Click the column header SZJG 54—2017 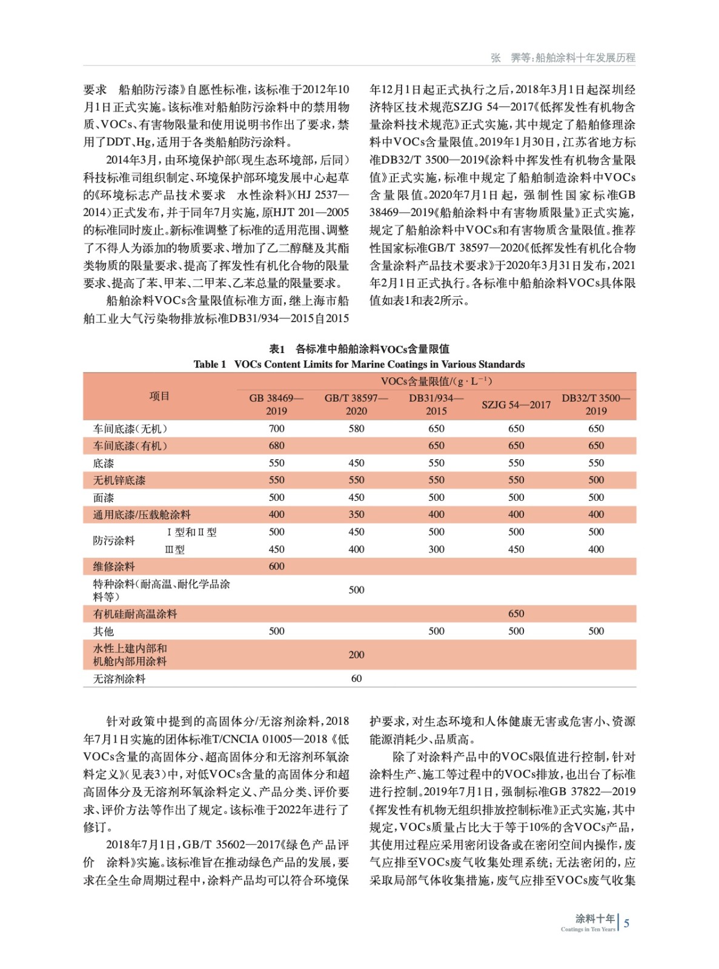(x=516, y=405)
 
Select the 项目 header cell (x=159, y=396)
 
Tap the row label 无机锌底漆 (x=119, y=480)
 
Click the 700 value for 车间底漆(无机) (x=276, y=429)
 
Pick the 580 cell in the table (x=356, y=429)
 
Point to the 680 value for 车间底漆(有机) (x=276, y=446)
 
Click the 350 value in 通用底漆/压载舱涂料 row (x=356, y=515)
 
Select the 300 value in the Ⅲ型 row (x=436, y=549)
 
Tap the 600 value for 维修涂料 (x=276, y=566)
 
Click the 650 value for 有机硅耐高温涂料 (x=516, y=613)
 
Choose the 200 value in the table (x=356, y=655)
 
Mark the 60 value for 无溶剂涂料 (x=356, y=679)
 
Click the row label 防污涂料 (x=114, y=540)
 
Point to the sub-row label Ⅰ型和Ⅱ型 (x=191, y=532)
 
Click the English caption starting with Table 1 (x=359, y=364)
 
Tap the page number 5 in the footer (x=626, y=923)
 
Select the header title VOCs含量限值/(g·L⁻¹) (x=436, y=381)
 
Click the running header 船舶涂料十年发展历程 (x=585, y=58)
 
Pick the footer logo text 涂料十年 (x=595, y=918)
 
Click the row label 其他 (x=104, y=631)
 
